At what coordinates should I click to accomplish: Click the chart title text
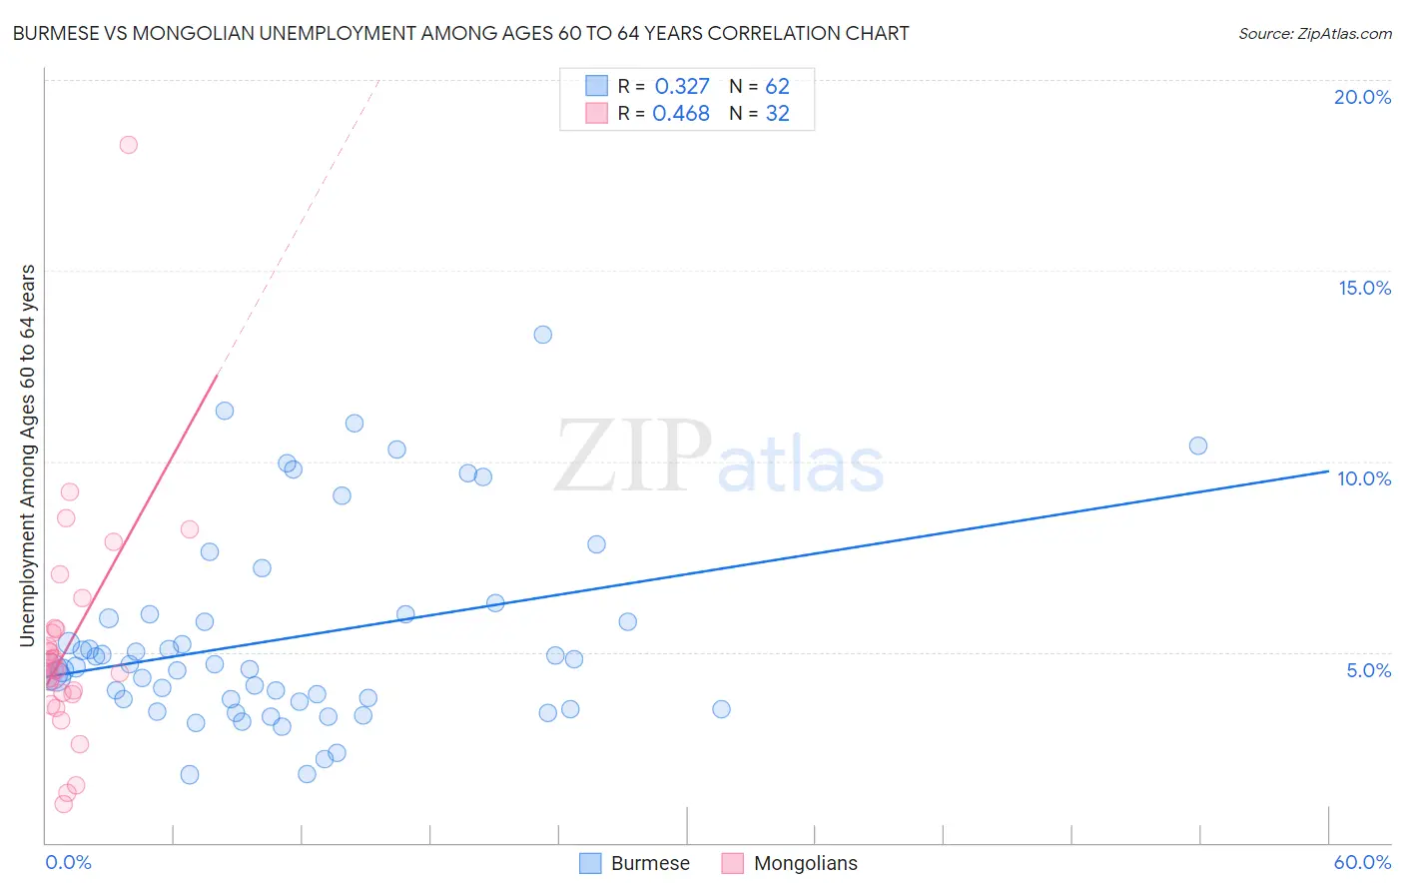[x=460, y=33]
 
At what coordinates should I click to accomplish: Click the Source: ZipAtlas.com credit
[x=1314, y=33]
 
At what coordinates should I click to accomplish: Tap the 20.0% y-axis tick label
[x=1362, y=97]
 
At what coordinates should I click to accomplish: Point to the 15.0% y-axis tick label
[x=1364, y=288]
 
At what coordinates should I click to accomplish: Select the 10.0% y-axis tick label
[x=1364, y=478]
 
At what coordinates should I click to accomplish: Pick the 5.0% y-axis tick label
[x=1368, y=670]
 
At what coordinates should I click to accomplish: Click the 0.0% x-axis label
[x=68, y=862]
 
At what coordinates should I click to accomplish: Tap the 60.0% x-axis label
[x=1362, y=862]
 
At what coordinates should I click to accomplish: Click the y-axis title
[x=28, y=455]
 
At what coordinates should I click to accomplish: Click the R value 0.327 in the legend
[x=682, y=87]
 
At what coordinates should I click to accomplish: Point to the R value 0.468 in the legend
[x=681, y=114]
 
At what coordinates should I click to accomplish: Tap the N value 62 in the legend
[x=777, y=87]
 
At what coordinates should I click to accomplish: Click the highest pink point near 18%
[x=128, y=145]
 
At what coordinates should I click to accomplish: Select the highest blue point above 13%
[x=542, y=335]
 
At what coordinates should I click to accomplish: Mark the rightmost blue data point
[x=1198, y=445]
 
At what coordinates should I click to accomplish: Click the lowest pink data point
[x=63, y=804]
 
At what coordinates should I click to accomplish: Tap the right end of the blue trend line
[x=1328, y=470]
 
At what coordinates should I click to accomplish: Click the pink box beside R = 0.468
[x=596, y=114]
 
